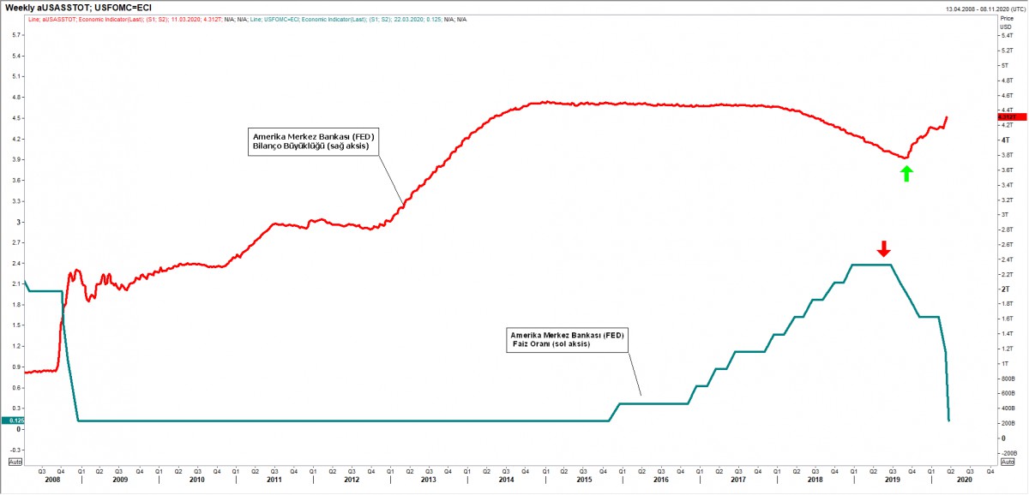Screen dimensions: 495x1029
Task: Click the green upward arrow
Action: (907, 173)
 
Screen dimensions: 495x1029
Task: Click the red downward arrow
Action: (884, 248)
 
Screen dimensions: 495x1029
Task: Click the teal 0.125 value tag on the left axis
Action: (13, 420)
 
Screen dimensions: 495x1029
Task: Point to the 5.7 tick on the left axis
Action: (16, 35)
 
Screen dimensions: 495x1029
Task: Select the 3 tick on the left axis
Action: (19, 222)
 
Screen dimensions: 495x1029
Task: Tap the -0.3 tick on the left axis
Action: (16, 449)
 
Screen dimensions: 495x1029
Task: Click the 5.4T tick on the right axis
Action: (1007, 51)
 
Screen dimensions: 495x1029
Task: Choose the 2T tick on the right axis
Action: (1005, 289)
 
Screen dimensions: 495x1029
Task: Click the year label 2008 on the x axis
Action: (51, 481)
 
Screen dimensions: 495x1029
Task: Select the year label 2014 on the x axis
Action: (506, 481)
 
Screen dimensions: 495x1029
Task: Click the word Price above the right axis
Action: (1007, 19)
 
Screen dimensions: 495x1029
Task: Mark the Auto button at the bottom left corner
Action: (13, 462)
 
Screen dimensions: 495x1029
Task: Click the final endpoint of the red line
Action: (947, 117)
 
